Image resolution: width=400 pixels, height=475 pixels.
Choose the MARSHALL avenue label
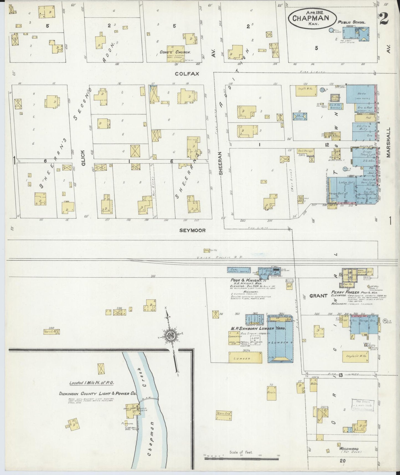[389, 142]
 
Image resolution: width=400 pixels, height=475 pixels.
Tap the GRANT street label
[318, 296]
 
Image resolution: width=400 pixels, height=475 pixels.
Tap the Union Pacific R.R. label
[220, 257]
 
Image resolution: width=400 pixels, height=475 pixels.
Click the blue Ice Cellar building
[300, 116]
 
